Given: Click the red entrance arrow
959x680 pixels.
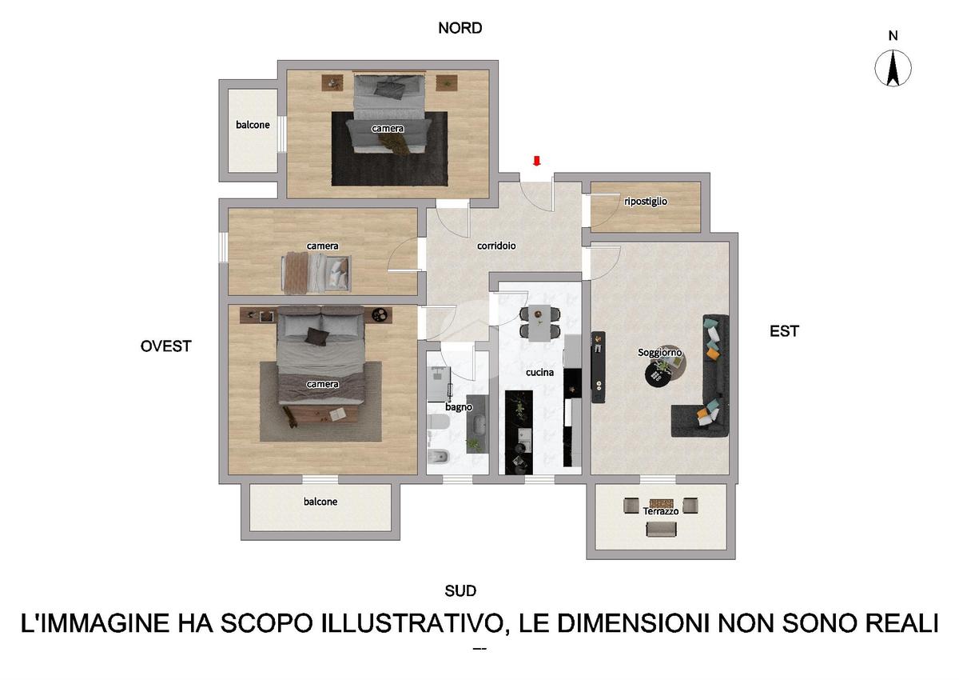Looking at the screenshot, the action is tap(536, 161).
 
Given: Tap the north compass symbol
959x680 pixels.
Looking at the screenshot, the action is tap(893, 69).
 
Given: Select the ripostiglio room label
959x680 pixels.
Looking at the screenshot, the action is tap(646, 201).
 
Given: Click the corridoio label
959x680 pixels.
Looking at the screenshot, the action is tap(496, 246).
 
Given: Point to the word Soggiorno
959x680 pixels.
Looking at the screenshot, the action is tap(660, 352).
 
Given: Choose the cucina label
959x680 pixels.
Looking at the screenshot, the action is tap(539, 372).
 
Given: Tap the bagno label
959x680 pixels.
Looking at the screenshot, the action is tap(459, 406).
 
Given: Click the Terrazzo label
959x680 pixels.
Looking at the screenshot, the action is tap(661, 511).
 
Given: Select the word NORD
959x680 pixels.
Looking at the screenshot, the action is tap(460, 28).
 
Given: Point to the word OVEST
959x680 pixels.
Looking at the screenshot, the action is tap(165, 346).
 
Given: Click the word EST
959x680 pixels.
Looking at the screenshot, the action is tap(784, 331).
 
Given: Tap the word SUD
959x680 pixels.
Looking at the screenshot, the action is tap(460, 591).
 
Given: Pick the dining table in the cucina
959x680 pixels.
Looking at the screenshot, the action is tap(539, 322).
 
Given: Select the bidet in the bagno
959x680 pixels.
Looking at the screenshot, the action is tap(439, 458).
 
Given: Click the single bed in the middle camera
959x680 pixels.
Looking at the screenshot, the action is tap(316, 273).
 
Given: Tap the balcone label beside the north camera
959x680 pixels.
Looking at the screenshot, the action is tap(253, 125).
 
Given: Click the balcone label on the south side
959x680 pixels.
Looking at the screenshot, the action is tap(320, 502).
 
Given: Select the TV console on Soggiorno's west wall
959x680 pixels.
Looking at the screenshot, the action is tap(598, 366).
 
